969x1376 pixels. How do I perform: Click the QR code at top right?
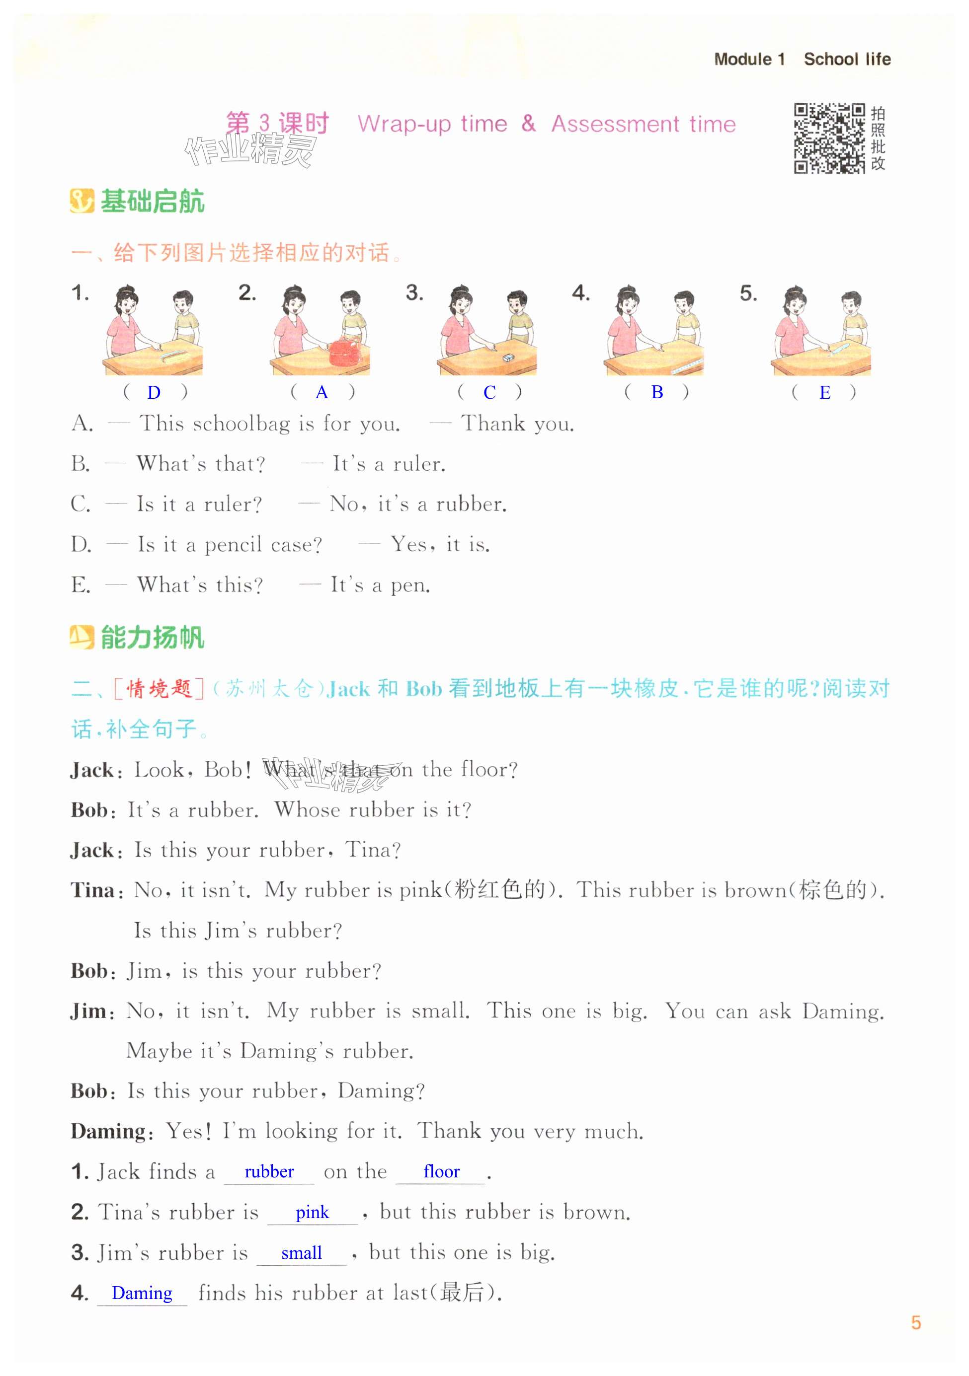click(x=829, y=139)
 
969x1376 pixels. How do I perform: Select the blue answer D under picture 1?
click(x=154, y=393)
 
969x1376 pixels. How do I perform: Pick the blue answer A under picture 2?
click(x=322, y=393)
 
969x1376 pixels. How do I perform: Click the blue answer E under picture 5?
click(x=825, y=393)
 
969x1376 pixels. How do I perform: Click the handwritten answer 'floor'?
click(x=441, y=1171)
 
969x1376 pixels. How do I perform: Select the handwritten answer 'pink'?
click(x=313, y=1213)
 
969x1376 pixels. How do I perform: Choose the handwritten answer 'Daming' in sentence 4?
click(x=142, y=1293)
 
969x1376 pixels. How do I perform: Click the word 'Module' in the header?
click(x=743, y=59)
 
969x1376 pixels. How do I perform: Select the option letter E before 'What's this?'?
click(x=81, y=585)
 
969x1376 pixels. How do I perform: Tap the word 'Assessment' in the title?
click(x=614, y=124)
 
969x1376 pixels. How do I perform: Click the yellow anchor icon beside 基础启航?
click(x=81, y=202)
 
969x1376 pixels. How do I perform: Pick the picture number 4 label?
click(x=580, y=293)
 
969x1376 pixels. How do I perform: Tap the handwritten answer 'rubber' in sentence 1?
click(x=269, y=1171)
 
